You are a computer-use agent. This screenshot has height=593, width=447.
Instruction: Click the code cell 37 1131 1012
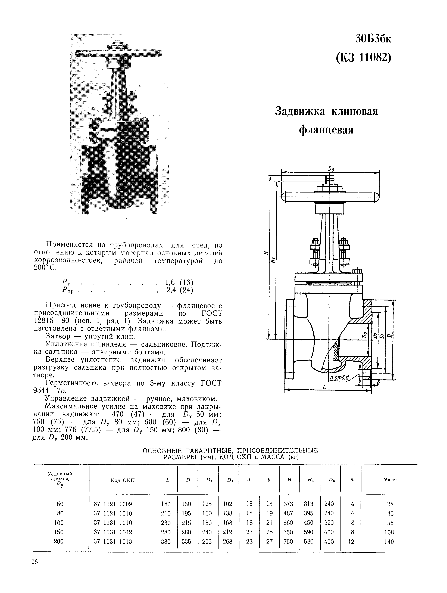tap(113, 532)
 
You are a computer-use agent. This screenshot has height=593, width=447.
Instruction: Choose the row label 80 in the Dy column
tap(60, 513)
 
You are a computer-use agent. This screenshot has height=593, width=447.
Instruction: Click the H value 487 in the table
tap(288, 513)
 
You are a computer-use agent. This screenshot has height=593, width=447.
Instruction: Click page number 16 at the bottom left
tap(35, 562)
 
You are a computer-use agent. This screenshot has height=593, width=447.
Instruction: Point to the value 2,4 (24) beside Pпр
tap(180, 290)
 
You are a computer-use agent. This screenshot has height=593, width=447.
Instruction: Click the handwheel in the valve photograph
tap(119, 53)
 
